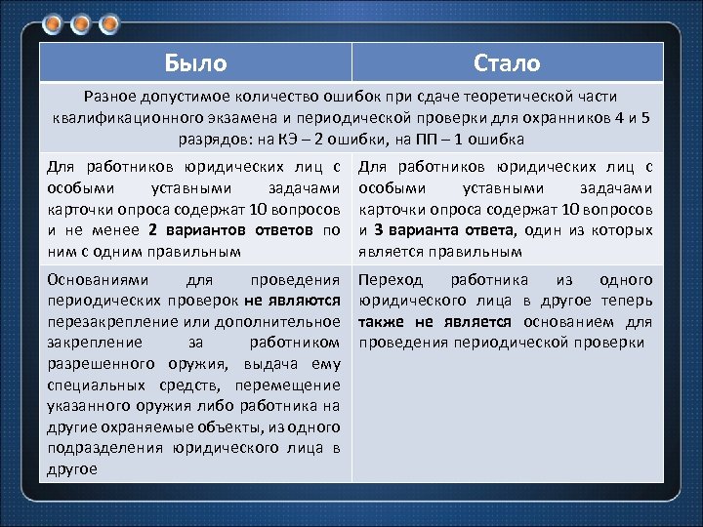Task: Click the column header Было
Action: coord(195,63)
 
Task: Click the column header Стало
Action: coord(506,63)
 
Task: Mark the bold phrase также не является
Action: coord(435,321)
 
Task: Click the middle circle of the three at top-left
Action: coord(82,21)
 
